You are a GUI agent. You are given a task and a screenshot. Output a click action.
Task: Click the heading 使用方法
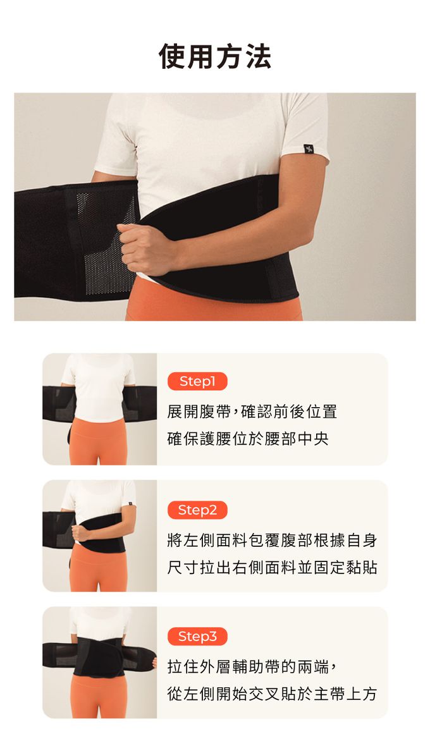tap(215, 57)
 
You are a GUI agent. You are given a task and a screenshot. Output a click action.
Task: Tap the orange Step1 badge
tap(197, 381)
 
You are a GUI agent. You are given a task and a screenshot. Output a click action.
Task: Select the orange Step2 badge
tap(197, 510)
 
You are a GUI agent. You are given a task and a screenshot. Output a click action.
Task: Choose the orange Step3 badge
tap(197, 636)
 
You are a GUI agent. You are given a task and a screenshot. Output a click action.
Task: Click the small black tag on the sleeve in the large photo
tap(309, 149)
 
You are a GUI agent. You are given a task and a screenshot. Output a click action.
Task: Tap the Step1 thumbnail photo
tap(100, 409)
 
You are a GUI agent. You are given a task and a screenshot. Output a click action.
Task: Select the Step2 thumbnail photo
tap(100, 535)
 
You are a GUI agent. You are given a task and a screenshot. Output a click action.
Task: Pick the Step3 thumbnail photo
tap(100, 663)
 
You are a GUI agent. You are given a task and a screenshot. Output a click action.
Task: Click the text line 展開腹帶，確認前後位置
tap(252, 412)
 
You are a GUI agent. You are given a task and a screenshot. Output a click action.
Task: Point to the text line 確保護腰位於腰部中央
tap(248, 439)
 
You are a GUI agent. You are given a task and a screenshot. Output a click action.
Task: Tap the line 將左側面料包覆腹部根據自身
tap(272, 541)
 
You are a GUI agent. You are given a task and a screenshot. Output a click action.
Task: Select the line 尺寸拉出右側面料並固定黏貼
tap(272, 568)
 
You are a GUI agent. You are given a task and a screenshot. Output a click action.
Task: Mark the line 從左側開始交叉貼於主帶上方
tap(272, 694)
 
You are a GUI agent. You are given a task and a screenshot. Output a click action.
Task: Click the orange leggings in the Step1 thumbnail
tap(99, 443)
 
